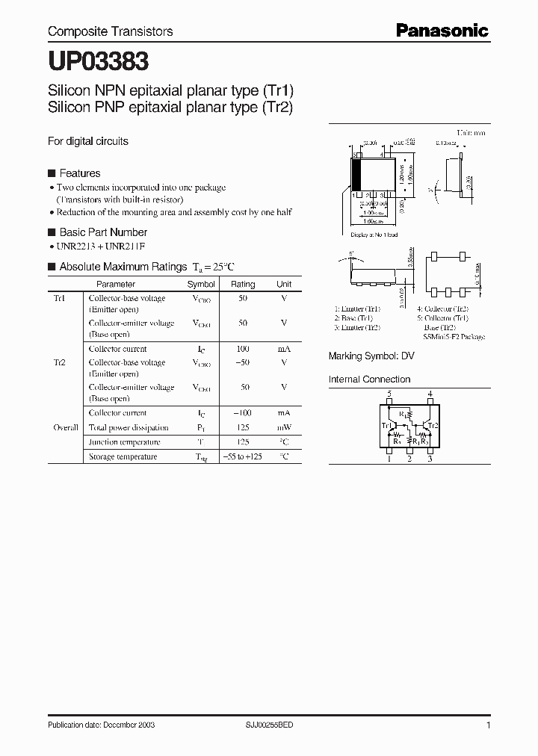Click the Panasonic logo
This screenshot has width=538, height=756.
[442, 31]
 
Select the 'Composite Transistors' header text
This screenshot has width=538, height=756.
[110, 31]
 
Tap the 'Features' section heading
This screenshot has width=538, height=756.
[79, 173]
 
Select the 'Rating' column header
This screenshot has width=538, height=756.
[243, 284]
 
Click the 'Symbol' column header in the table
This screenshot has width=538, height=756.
[201, 284]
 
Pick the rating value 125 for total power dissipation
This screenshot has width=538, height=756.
[243, 428]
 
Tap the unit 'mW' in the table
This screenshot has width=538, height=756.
[284, 428]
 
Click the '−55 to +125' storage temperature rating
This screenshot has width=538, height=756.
[243, 456]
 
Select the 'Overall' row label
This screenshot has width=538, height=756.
[66, 428]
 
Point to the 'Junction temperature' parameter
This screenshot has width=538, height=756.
[123, 442]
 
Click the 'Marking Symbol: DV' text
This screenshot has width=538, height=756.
[371, 356]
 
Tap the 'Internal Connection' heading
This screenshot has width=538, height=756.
[369, 379]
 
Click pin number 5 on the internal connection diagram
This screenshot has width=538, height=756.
[389, 394]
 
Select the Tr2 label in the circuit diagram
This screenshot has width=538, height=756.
[433, 425]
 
